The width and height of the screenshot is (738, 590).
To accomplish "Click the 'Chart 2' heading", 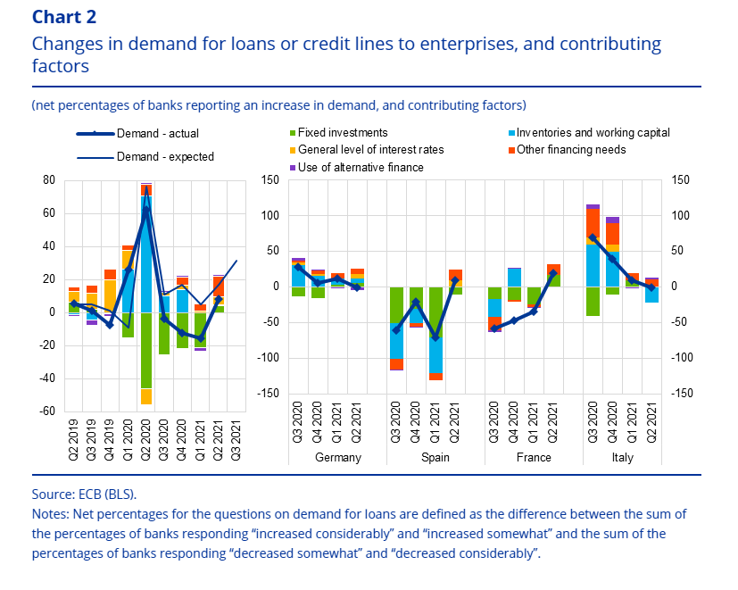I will (x=65, y=17).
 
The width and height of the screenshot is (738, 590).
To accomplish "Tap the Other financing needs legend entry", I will (x=571, y=149).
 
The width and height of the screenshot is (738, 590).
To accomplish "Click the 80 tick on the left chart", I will (x=48, y=180).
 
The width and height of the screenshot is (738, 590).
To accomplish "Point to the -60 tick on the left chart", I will (x=46, y=411).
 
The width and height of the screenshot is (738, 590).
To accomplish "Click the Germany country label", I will (x=338, y=458).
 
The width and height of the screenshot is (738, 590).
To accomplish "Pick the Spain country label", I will (x=435, y=458).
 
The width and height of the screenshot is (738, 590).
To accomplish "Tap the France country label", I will (x=533, y=458).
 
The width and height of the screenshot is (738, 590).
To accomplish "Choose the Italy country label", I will (x=630, y=458).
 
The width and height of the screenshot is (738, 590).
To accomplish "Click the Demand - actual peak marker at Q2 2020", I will (x=145, y=212).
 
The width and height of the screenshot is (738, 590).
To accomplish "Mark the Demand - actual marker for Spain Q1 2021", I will (x=435, y=337).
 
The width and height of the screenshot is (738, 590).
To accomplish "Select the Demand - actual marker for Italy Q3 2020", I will (x=593, y=237).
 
